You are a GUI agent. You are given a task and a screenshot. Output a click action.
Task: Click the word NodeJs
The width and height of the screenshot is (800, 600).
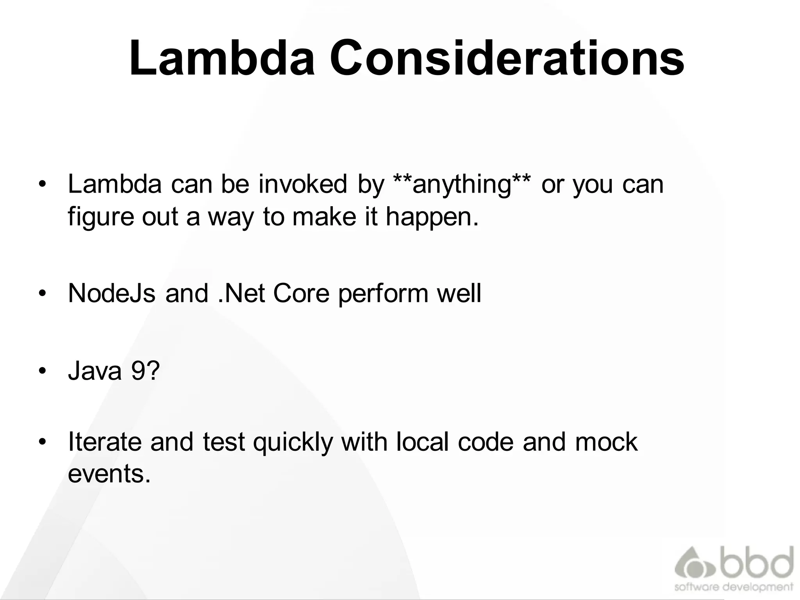click(x=112, y=293)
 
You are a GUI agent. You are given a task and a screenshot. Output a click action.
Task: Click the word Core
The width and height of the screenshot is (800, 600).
click(x=301, y=293)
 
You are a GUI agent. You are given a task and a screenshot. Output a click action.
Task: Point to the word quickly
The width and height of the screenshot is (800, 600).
click(x=293, y=442)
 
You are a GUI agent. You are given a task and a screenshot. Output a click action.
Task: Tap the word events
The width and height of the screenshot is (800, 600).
click(x=109, y=474)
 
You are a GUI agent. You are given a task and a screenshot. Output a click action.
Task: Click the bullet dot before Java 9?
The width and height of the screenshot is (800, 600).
click(x=43, y=371)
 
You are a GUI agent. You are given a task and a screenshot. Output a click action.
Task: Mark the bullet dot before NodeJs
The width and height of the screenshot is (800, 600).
click(x=43, y=294)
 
